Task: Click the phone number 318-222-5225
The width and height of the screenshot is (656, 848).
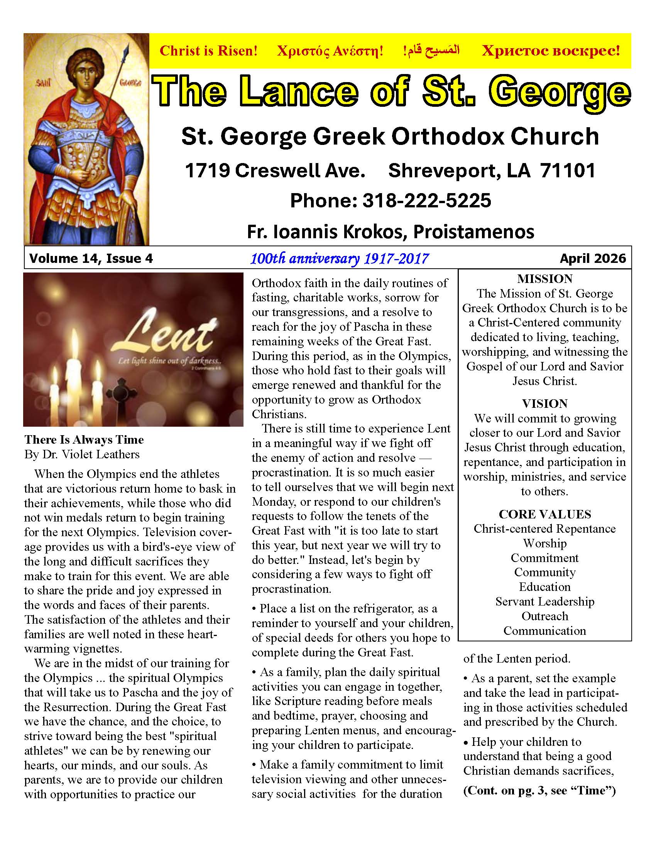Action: pos(426,201)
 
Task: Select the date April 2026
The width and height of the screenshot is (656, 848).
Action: pos(593,259)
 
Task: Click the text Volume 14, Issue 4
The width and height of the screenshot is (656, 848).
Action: pos(91,259)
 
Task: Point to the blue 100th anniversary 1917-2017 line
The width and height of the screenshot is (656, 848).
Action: pos(339,258)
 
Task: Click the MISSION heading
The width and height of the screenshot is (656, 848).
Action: pos(544,279)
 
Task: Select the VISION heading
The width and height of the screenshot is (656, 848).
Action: pos(544,404)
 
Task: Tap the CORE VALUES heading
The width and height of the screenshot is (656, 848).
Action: pos(544,514)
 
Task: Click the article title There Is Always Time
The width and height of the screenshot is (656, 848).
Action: pos(84,439)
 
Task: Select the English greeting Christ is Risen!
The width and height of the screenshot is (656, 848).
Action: pos(209,51)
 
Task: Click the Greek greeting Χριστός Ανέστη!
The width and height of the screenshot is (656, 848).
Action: pos(330,51)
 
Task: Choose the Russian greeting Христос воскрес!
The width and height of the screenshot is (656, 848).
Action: pos(551,51)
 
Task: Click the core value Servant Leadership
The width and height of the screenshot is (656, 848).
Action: pos(544,601)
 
